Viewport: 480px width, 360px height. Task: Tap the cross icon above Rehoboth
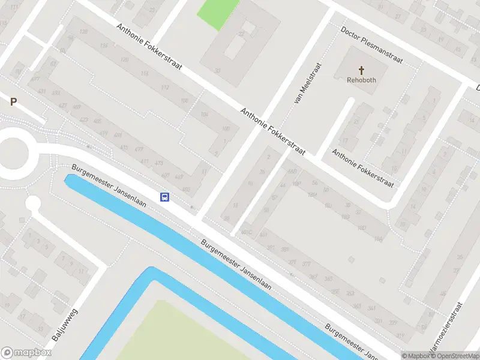[361, 70]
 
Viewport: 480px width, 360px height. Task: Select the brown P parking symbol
[13, 102]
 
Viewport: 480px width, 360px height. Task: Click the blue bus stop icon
[164, 197]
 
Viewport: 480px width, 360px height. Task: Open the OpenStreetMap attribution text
[454, 356]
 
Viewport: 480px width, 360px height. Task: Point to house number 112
[165, 88]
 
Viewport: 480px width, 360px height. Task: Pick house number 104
[205, 115]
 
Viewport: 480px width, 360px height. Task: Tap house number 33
[217, 70]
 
